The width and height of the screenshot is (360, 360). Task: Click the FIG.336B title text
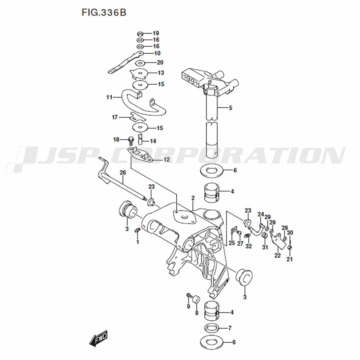click(104, 12)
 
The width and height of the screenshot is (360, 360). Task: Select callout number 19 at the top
click(156, 33)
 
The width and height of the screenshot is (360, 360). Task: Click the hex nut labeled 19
click(140, 34)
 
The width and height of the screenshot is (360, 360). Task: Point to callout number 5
click(230, 108)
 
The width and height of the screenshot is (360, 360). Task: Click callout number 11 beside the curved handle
click(109, 97)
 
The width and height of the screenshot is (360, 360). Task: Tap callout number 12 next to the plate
click(166, 159)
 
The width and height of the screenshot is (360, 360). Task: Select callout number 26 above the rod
click(123, 173)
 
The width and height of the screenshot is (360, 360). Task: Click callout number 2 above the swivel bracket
click(193, 198)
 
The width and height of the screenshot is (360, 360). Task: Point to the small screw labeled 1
click(138, 230)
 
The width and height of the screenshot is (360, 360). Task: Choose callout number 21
click(289, 260)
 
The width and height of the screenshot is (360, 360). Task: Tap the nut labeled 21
click(289, 248)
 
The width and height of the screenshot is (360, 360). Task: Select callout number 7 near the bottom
click(230, 328)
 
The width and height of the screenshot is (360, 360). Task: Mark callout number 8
click(197, 313)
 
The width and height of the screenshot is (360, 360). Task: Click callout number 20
click(160, 62)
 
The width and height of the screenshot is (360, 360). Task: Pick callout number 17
click(115, 117)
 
